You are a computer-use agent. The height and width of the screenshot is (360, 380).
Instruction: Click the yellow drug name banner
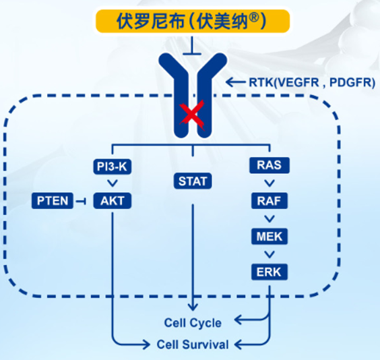coord(193,21)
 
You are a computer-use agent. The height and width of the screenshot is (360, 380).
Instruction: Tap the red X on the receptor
coord(192,115)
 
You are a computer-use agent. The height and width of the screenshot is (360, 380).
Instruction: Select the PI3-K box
coord(113,167)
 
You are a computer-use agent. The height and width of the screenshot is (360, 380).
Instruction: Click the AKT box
coord(113,201)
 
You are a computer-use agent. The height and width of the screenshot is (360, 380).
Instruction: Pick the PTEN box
coord(53,201)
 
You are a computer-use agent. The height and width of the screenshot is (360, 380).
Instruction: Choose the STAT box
coord(193,181)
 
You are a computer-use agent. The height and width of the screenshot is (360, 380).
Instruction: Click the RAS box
coord(270,165)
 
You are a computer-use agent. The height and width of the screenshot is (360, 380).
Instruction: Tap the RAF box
coord(270,201)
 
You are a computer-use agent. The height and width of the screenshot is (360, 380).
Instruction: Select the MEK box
coord(270,237)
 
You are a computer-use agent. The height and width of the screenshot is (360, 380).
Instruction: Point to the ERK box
coord(270,272)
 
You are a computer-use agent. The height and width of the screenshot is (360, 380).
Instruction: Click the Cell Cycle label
coord(193,323)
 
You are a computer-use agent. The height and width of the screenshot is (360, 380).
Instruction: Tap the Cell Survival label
coord(193,344)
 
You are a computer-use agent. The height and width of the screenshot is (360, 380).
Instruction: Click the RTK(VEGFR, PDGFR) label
coord(312,83)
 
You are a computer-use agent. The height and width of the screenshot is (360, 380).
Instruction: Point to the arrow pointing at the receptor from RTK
coord(235,82)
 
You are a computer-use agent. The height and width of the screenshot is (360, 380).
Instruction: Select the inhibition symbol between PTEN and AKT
coord(81,201)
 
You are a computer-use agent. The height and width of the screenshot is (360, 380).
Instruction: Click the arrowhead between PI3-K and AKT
coord(113,183)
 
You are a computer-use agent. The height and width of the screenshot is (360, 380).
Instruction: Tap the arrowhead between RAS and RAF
coord(270,183)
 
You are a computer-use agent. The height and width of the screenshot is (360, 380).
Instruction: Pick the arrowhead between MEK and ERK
coord(270,254)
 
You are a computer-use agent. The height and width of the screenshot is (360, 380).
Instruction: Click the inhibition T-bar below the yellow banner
coord(192,46)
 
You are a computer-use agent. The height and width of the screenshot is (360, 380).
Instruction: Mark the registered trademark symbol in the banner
coord(254,18)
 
